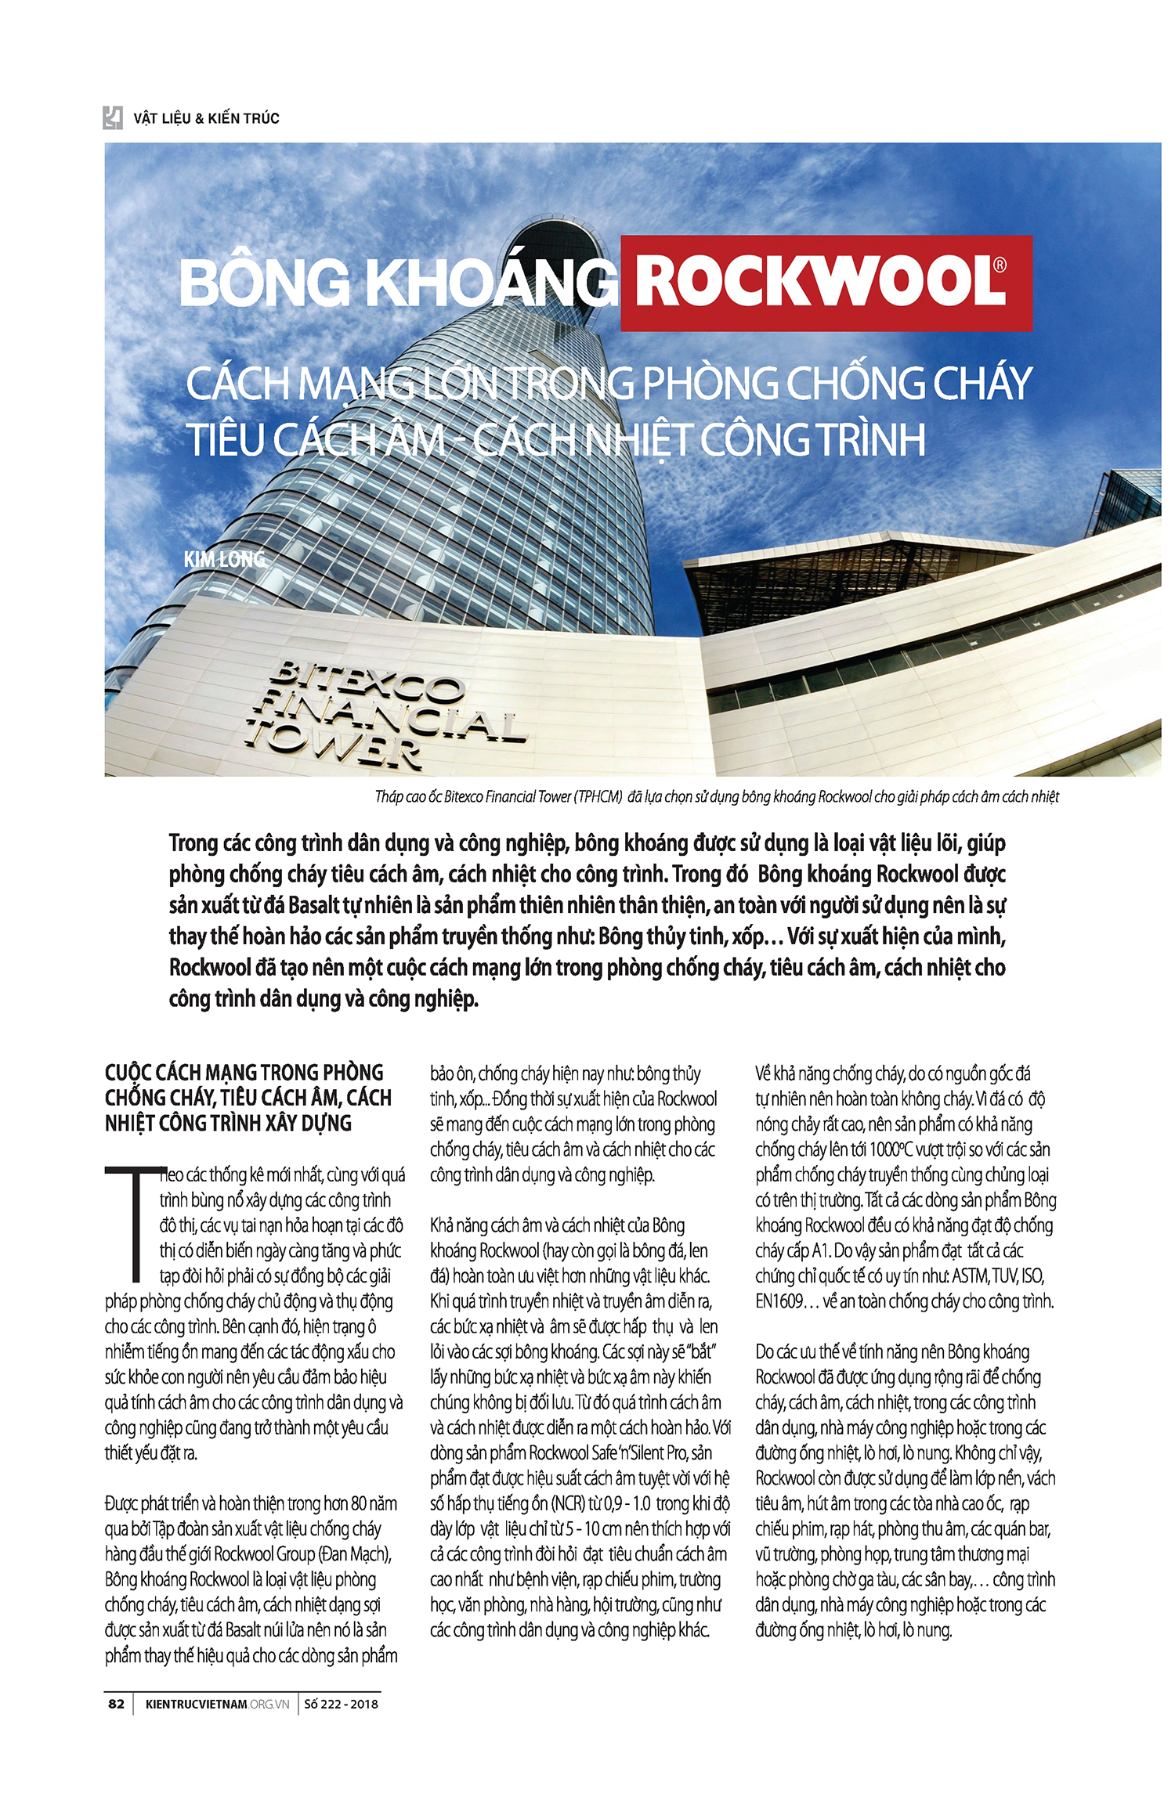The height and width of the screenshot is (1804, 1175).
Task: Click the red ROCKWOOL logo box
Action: point(826,283)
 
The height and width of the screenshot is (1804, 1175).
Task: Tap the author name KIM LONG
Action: point(224,559)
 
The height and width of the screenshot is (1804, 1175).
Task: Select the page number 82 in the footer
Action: point(116,1704)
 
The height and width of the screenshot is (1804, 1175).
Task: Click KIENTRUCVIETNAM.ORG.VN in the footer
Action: point(217,1704)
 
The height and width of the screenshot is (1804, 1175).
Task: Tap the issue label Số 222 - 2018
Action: point(341,1704)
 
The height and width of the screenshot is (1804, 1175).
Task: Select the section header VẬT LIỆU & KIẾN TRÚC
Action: point(206,118)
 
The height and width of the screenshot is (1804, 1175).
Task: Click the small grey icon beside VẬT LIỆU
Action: point(113,117)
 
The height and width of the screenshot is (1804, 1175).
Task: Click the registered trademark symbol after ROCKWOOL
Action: point(1000,265)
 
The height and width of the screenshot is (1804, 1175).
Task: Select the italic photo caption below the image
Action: point(717,797)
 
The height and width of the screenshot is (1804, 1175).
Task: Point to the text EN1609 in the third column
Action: point(779,1301)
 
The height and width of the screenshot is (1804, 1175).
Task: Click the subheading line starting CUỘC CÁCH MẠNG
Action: point(244,1073)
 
